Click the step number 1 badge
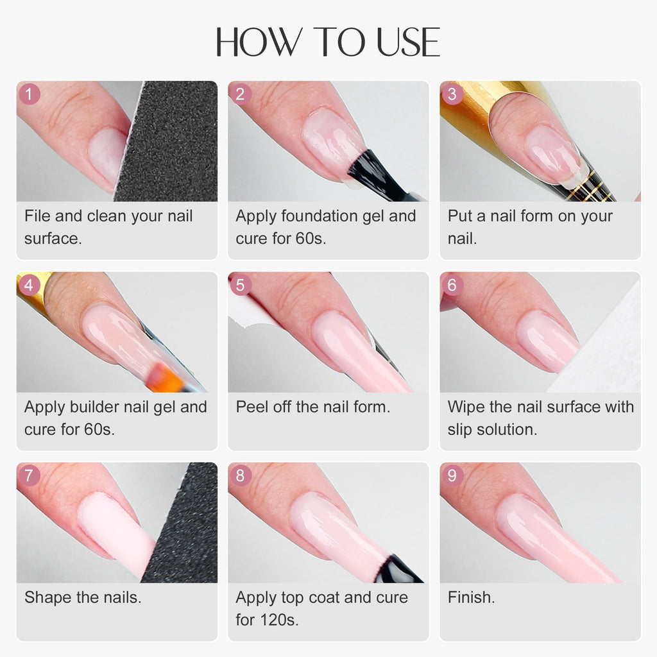pos(30,94)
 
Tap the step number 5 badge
pos(240,285)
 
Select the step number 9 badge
pos(452,475)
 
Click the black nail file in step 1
pos(170,141)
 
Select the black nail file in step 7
pos(186,526)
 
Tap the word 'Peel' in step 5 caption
pos(252,407)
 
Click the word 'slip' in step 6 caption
pos(461,429)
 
